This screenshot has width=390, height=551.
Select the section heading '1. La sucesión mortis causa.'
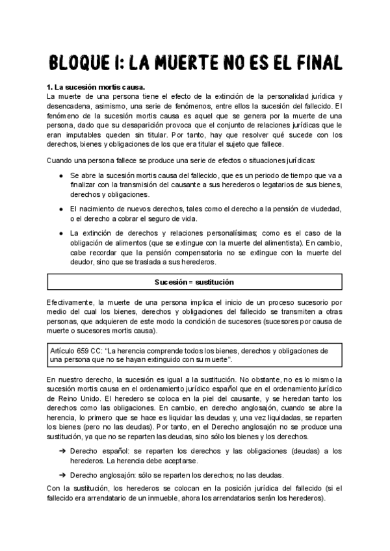point(96,86)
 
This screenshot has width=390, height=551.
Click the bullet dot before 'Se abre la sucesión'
point(60,176)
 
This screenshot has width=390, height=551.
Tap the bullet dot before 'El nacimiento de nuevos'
point(60,208)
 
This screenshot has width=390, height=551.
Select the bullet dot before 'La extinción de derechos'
point(60,233)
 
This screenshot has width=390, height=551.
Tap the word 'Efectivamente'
point(71,303)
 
